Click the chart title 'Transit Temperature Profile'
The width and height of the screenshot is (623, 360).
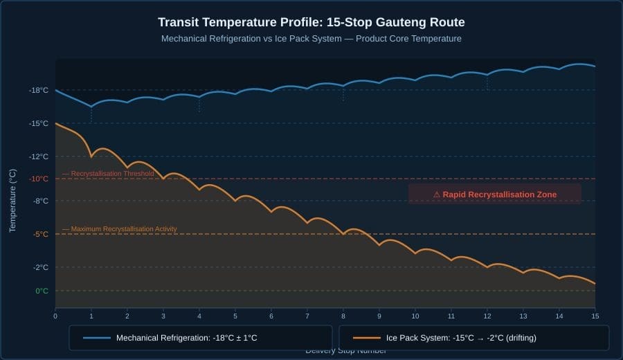pyautogui.click(x=311, y=22)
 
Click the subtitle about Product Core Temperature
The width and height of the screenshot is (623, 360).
pyautogui.click(x=311, y=39)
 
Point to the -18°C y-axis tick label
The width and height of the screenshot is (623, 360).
pyautogui.click(x=39, y=90)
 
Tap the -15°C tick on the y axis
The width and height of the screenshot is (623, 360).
pyautogui.click(x=39, y=123)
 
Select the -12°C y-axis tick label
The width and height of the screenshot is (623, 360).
pyautogui.click(x=39, y=156)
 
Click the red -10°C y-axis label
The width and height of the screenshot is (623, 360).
pyautogui.click(x=39, y=179)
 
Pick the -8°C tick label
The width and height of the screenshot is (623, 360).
pyautogui.click(x=40, y=201)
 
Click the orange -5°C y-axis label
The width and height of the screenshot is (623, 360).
pyautogui.click(x=40, y=234)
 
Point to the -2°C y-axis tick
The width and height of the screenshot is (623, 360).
pyautogui.click(x=40, y=267)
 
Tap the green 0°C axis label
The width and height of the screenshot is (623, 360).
pyautogui.click(x=42, y=291)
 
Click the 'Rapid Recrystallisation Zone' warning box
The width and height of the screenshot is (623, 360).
pyautogui.click(x=494, y=195)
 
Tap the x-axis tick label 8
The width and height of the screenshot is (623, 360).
pyautogui.click(x=343, y=316)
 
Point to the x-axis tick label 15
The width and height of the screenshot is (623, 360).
pyautogui.click(x=594, y=316)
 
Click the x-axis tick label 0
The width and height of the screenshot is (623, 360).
pyautogui.click(x=55, y=316)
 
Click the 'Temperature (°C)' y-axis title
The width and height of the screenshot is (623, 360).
pyautogui.click(x=12, y=200)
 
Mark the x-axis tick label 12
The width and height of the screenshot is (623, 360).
pyautogui.click(x=487, y=316)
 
